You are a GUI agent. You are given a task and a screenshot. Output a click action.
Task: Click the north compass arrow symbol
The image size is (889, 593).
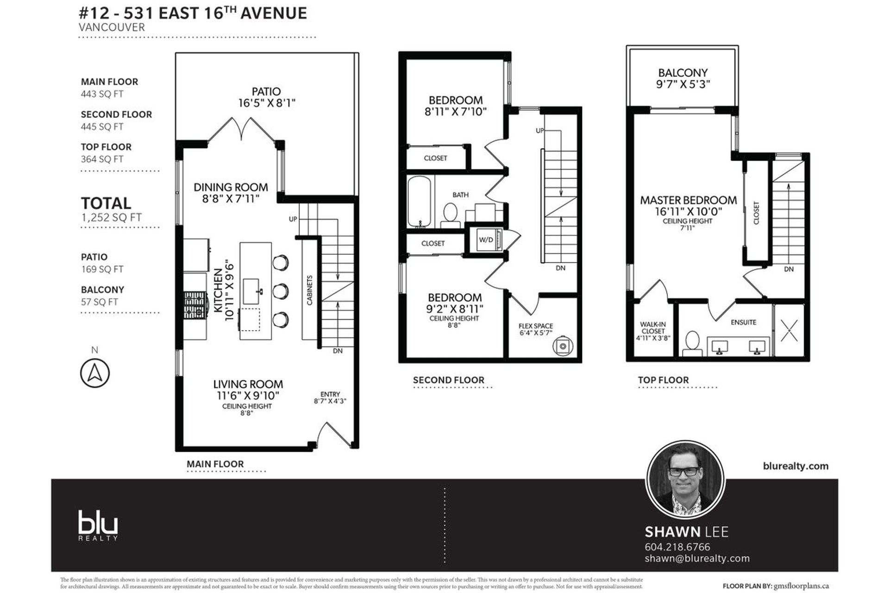click(x=95, y=372)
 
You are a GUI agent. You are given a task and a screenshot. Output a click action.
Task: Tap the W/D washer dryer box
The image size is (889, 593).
click(x=486, y=240)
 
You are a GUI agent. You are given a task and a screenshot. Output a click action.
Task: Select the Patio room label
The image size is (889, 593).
click(x=266, y=91)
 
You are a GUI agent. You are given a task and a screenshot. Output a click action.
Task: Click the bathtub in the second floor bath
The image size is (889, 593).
click(x=419, y=202)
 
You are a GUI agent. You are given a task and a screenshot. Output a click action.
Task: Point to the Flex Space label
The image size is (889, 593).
click(x=536, y=326)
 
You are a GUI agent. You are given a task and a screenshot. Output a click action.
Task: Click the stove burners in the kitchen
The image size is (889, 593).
click(x=194, y=304)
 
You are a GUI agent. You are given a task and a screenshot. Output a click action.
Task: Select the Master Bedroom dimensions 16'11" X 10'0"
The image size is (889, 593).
click(x=688, y=212)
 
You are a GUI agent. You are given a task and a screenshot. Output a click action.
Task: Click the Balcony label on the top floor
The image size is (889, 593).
click(x=683, y=73)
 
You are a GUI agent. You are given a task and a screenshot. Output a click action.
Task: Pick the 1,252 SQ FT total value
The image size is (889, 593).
click(x=111, y=217)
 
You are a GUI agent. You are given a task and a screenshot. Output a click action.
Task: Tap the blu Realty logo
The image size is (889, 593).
click(x=98, y=525)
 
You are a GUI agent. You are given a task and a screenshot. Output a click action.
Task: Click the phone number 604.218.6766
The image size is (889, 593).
click(x=677, y=547)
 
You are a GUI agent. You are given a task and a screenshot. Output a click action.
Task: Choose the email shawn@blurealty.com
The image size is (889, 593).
click(x=697, y=559)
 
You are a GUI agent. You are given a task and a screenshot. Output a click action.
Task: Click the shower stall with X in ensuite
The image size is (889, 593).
click(x=789, y=331)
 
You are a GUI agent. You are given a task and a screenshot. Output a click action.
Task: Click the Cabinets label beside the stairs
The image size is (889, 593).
click(x=309, y=290)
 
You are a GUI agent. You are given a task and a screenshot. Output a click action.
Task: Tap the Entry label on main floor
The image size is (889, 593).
click(x=330, y=394)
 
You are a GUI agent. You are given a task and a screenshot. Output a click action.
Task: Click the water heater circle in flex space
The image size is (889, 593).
click(x=563, y=346)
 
